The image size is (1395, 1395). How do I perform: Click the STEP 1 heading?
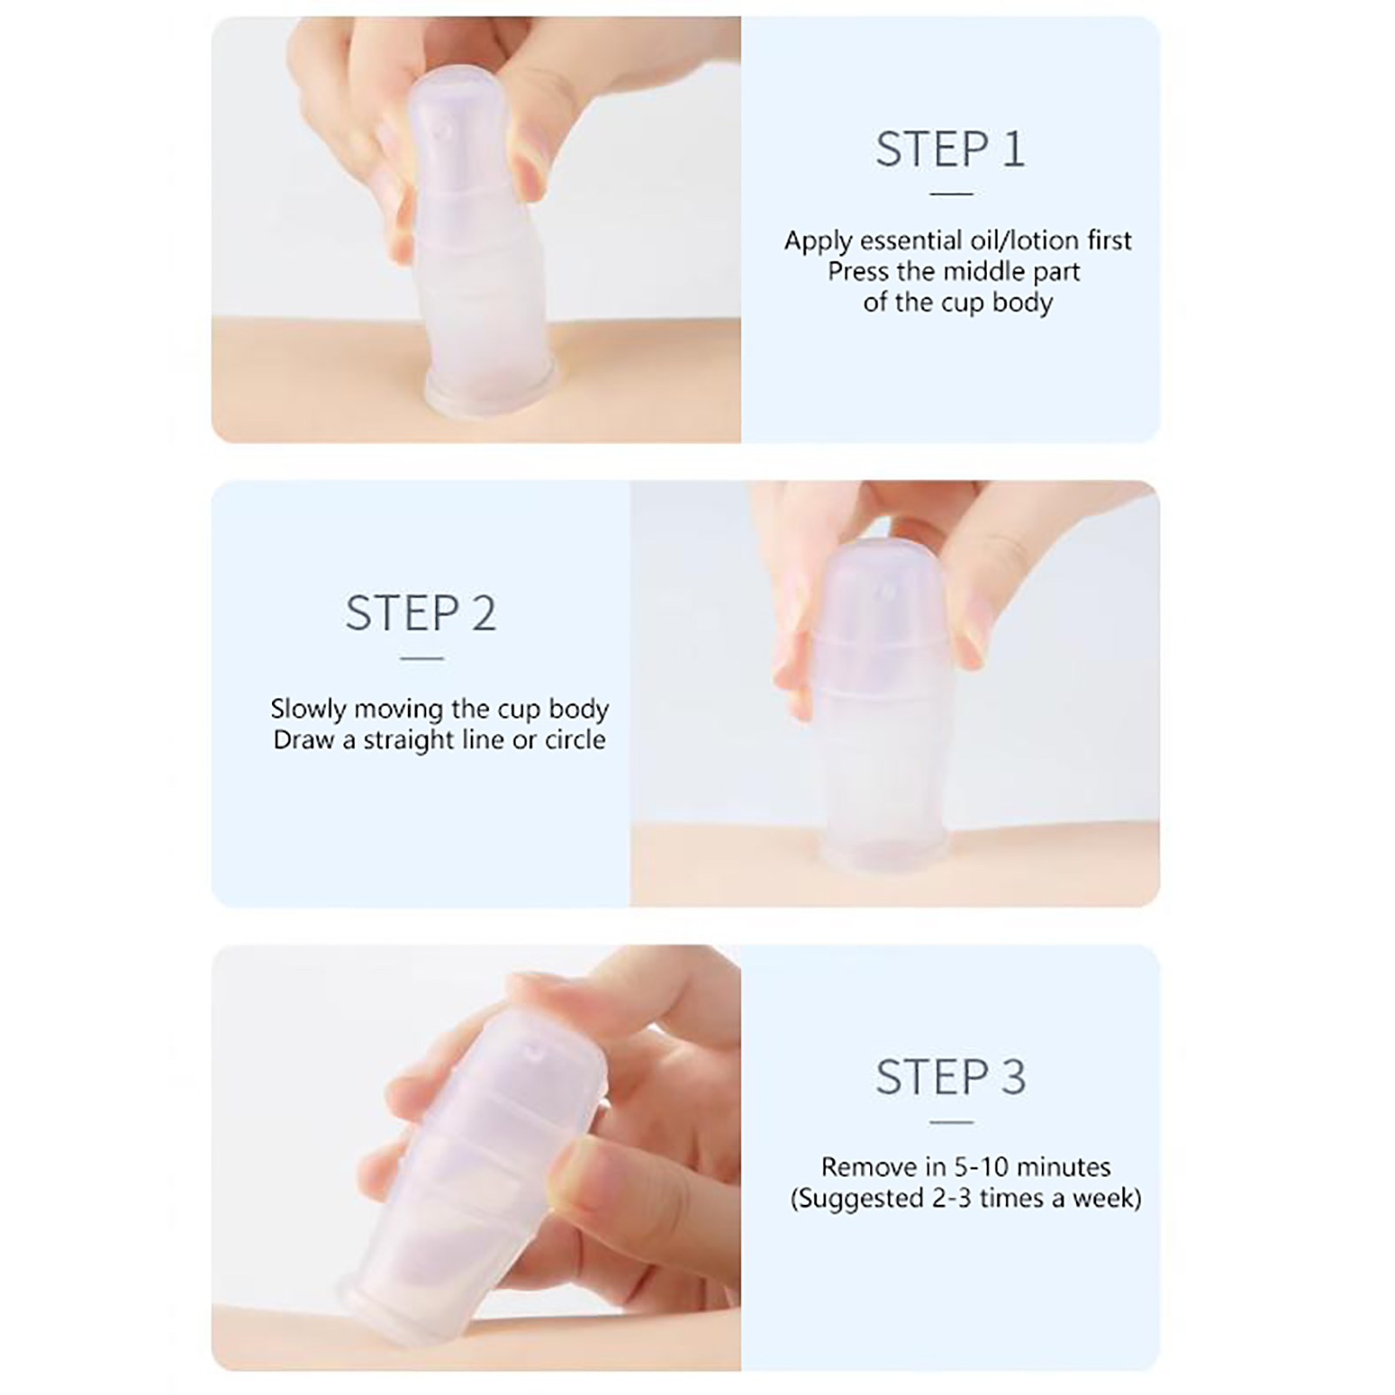pyautogui.click(x=950, y=149)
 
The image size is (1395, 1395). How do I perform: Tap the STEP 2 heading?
pyautogui.click(x=421, y=613)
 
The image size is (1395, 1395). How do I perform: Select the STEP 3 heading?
pyautogui.click(x=951, y=1077)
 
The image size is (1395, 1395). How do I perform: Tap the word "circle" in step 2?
pyautogui.click(x=575, y=740)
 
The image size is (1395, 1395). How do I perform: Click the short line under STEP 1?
pyautogui.click(x=951, y=194)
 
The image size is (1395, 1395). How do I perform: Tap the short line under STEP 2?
pyautogui.click(x=422, y=658)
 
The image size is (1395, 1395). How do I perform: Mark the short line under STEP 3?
pyautogui.click(x=951, y=1122)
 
